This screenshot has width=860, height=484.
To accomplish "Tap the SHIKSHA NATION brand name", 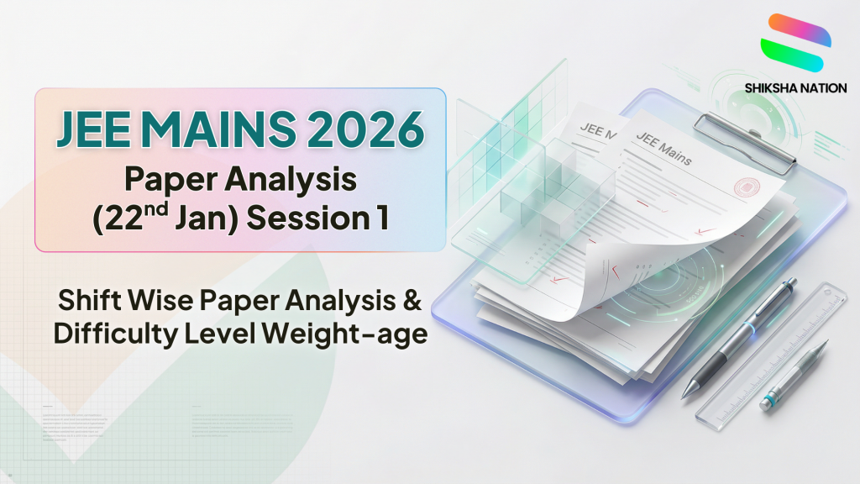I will click(794, 87).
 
